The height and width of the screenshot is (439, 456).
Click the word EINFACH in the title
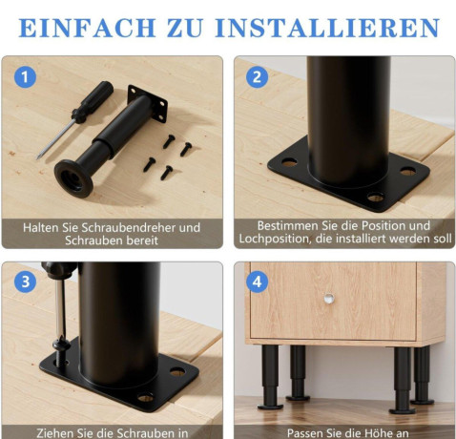pyautogui.click(x=87, y=28)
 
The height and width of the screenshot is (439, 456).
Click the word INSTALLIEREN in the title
pyautogui.click(x=327, y=28)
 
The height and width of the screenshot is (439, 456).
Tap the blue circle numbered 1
pyautogui.click(x=25, y=77)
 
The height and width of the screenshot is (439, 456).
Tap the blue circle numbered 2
pyautogui.click(x=257, y=77)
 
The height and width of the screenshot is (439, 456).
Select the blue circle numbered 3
pyautogui.click(x=25, y=282)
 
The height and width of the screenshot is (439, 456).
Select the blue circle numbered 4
pyautogui.click(x=257, y=282)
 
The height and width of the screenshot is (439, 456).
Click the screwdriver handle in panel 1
pyautogui.click(x=93, y=102)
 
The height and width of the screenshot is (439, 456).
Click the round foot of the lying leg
pyautogui.click(x=73, y=178)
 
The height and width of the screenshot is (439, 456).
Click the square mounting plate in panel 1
pyautogui.click(x=147, y=103)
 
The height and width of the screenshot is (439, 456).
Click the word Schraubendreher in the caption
pyautogui.click(x=125, y=228)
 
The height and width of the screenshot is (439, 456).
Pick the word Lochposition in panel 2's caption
pyautogui.click(x=275, y=239)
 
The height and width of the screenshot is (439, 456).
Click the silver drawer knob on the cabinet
pyautogui.click(x=329, y=299)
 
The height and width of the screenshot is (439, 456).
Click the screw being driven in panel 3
pyautogui.click(x=61, y=351)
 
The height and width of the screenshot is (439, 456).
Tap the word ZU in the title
pyautogui.click(x=185, y=28)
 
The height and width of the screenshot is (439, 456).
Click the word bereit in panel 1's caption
pyautogui.click(x=143, y=240)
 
